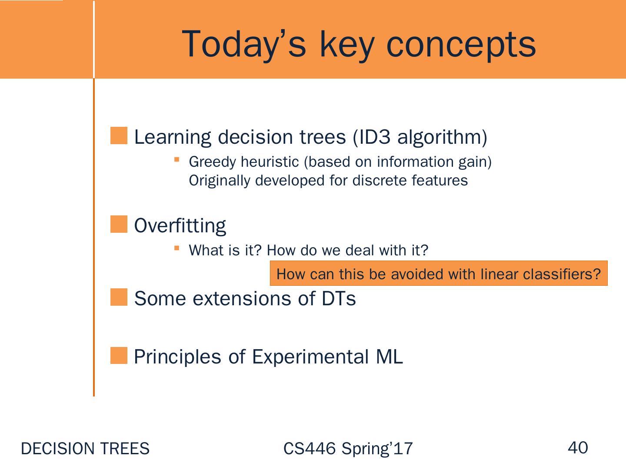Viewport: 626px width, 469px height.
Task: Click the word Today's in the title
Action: [x=244, y=44]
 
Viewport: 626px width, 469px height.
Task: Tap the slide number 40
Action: [x=577, y=447]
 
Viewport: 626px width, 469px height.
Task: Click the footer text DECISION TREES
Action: [x=85, y=449]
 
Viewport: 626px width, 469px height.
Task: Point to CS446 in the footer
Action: [x=309, y=449]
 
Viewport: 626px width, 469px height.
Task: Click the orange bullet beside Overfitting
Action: [x=119, y=224]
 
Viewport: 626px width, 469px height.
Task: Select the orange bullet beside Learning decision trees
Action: [x=119, y=135]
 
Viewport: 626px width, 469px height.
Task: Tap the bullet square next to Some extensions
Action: [x=119, y=297]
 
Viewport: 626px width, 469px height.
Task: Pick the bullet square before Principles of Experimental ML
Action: [x=119, y=355]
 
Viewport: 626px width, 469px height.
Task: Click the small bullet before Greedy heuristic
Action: [x=177, y=159]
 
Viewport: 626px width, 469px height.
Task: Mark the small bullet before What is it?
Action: [x=177, y=248]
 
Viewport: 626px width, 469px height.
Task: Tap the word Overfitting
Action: [x=180, y=225]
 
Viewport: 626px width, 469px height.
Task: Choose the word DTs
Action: [x=339, y=299]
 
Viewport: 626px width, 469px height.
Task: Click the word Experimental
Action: [x=310, y=357]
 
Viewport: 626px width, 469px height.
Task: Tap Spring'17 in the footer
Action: [x=377, y=449]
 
